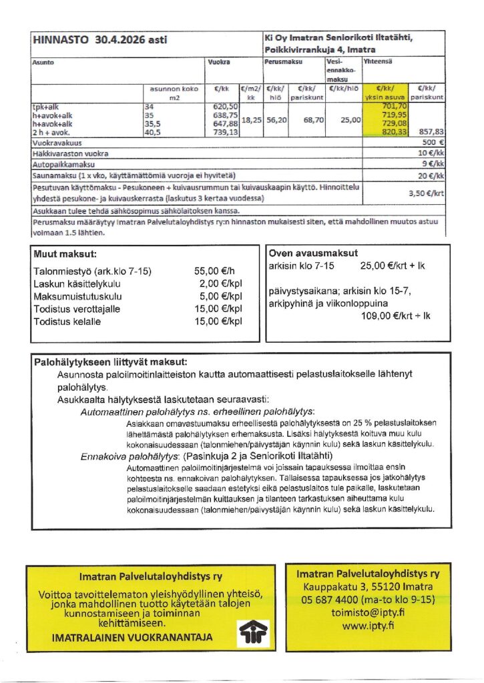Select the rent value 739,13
point(224,133)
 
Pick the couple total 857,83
point(429,133)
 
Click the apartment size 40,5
point(153,133)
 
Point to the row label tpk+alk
point(45,107)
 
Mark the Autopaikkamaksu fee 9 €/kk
point(433,164)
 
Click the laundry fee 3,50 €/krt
point(427,193)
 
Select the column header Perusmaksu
point(284,61)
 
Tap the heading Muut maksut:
point(65,254)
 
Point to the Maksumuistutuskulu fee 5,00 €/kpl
point(218,297)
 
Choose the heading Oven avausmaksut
point(312,253)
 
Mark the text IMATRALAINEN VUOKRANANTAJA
point(132,638)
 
